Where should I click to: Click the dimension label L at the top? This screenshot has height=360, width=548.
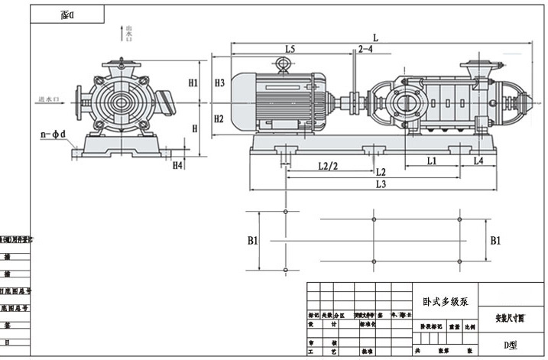[x=375, y=37]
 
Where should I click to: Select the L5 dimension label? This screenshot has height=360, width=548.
[x=290, y=49]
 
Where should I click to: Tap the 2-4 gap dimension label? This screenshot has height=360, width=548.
[x=365, y=49]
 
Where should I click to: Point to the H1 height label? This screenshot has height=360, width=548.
[x=193, y=83]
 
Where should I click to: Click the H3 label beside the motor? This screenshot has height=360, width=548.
[x=219, y=83]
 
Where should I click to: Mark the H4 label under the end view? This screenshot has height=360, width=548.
[x=178, y=164]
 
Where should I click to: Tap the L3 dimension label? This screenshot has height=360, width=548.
[x=380, y=185]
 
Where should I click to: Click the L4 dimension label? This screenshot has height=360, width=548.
[x=478, y=161]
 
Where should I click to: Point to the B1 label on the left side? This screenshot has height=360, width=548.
[x=253, y=240]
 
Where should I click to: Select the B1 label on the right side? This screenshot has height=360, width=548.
[x=496, y=240]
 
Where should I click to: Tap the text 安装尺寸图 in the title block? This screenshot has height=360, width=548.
[x=505, y=317]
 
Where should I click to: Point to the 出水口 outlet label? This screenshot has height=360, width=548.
[x=118, y=34]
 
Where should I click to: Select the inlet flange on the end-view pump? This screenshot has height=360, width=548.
[x=79, y=96]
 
